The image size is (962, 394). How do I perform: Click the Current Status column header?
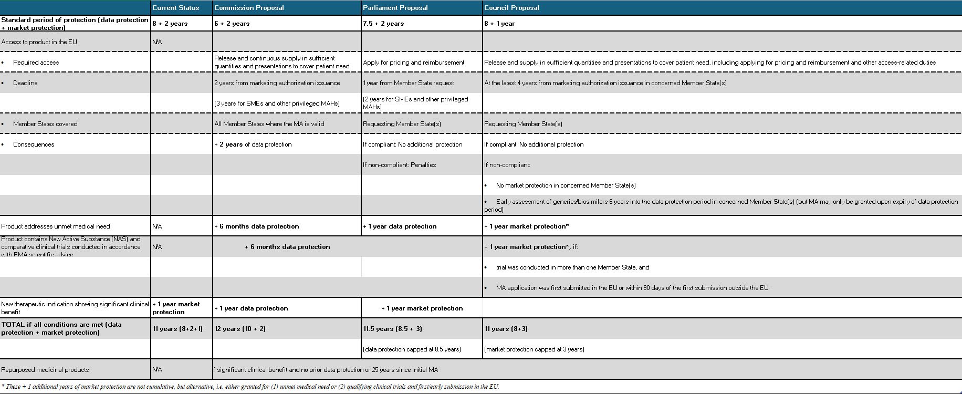176,8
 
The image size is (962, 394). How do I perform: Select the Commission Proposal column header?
249,8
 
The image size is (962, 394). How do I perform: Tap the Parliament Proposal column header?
395,8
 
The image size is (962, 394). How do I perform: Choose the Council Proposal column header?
511,8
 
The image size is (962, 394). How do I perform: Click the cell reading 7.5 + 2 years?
383,24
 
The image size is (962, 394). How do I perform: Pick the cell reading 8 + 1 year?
499,24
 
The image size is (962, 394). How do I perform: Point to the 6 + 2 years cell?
232,24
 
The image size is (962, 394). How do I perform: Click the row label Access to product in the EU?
39,42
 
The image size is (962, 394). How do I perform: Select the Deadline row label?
25,83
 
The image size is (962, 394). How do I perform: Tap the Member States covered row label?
45,124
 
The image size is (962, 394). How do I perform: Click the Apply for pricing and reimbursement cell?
414,63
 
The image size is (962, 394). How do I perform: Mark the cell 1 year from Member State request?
409,83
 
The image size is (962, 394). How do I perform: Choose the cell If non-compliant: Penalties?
399,165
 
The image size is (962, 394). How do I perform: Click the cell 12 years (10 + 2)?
240,329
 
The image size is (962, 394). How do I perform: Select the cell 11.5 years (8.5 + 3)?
393,329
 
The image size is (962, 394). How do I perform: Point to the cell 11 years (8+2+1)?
177,329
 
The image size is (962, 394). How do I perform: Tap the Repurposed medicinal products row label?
45,370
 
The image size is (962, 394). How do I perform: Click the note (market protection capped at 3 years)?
534,349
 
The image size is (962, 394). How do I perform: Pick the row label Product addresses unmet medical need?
56,226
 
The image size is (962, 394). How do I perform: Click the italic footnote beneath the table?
250,387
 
